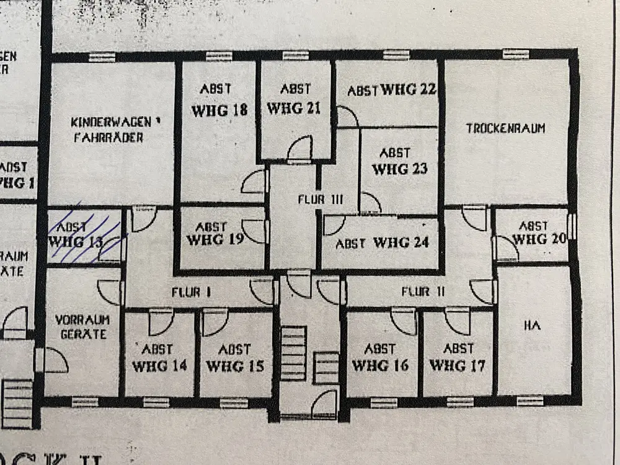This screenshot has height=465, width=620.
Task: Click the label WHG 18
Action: tap(219, 110)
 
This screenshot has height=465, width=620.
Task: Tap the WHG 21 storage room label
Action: tap(294, 108)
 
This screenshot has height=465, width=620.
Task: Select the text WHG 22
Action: tap(409, 89)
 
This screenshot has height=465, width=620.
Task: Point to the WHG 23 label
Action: tap(399, 168)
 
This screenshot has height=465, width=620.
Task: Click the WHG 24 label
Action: tap(401, 242)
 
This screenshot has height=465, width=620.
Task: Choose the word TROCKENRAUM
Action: tap(505, 128)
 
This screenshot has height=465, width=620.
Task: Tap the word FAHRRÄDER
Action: tap(108, 137)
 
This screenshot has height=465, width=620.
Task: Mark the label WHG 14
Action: tap(160, 366)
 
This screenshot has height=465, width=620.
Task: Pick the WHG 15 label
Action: tap(234, 366)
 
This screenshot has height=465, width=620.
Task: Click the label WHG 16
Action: tap(381, 365)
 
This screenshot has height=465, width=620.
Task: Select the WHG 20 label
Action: tap(539, 239)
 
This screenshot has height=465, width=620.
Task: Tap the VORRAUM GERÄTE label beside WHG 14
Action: tap(82, 327)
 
